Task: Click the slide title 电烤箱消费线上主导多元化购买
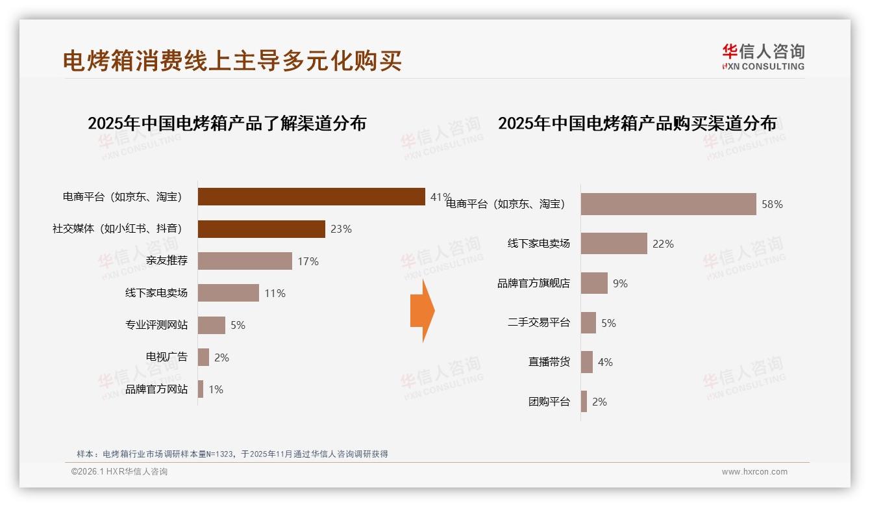point(232,60)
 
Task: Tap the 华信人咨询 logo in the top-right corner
point(763,57)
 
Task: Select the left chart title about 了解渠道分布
point(227,123)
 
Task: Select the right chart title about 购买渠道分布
point(637,123)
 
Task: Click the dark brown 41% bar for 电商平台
point(311,196)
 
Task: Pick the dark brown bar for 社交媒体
point(261,229)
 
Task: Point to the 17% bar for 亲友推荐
point(245,261)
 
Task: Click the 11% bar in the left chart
point(228,293)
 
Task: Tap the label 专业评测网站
point(156,325)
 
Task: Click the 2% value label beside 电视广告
point(221,357)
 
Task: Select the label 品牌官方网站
point(156,389)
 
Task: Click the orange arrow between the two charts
point(422,311)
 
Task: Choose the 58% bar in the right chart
point(668,204)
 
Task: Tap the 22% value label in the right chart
point(663,244)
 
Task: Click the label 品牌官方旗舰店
point(534,283)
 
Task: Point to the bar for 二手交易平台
point(588,323)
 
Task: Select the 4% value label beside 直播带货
point(605,362)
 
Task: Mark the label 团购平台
point(549,402)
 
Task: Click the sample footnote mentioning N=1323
point(232,454)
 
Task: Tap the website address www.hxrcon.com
point(754,472)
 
